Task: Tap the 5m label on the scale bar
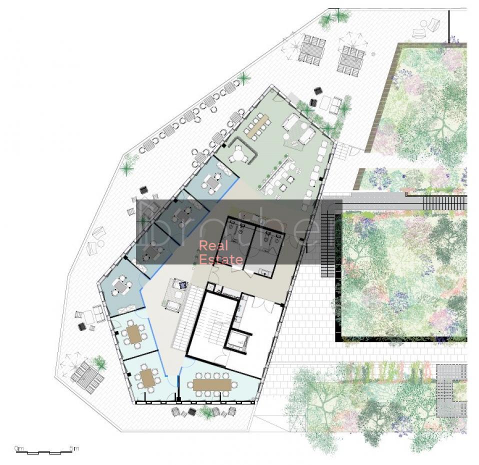tap(74, 448)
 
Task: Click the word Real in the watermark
tap(213, 245)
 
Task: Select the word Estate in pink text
tap(221, 259)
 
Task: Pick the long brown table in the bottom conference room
tap(212, 384)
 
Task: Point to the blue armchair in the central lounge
tap(182, 285)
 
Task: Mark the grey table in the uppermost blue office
tap(213, 182)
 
